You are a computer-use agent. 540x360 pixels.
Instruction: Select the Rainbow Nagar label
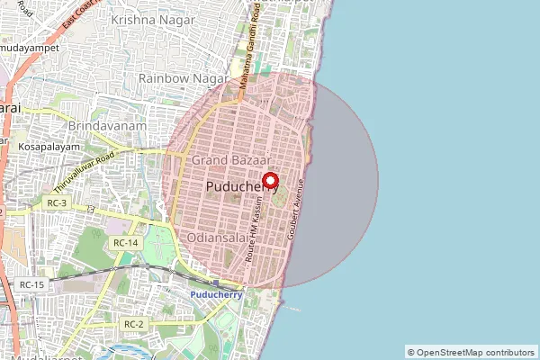click(180, 79)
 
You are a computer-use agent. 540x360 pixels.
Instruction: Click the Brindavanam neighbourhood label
click(107, 128)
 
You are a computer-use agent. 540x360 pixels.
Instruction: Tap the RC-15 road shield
click(31, 284)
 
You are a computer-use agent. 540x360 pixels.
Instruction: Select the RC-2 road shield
click(133, 324)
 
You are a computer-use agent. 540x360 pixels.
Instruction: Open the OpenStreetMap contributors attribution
click(471, 352)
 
